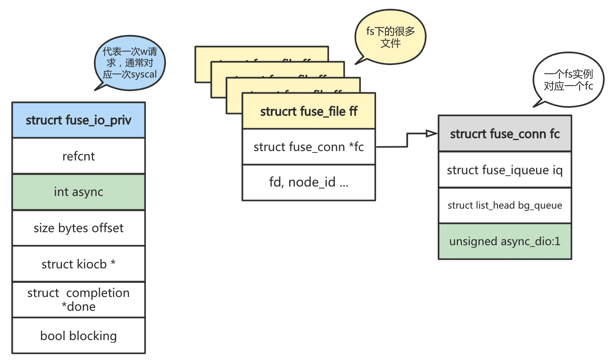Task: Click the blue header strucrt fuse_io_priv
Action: coord(79,120)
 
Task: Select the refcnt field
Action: coord(79,156)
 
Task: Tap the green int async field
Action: coord(79,192)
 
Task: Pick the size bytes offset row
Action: coord(79,228)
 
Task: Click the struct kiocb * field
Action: coord(79,264)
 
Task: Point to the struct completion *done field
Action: coord(79,300)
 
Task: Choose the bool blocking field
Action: coord(79,336)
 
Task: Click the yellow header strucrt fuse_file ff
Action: coord(309,111)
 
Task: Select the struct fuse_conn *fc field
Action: coord(309,147)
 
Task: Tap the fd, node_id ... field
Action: coord(309,182)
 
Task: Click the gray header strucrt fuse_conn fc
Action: coord(505,134)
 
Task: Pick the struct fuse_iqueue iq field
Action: coord(505,169)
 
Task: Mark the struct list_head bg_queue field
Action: coord(505,205)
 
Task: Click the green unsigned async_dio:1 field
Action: coord(505,241)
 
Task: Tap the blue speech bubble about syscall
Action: coord(130,63)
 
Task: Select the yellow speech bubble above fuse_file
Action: coord(390,37)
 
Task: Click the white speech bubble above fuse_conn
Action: coord(568,80)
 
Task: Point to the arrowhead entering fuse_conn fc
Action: coord(432,134)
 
